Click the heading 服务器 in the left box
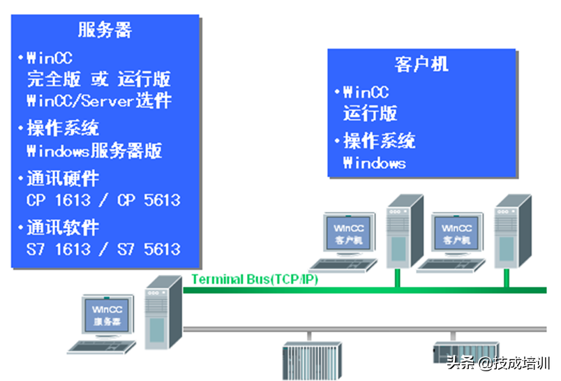105,30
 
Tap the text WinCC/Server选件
98,100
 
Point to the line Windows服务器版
94,150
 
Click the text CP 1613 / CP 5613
103,200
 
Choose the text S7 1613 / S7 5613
103,249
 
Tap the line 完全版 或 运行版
98,78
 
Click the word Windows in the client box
374,163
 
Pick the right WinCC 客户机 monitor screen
456,232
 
